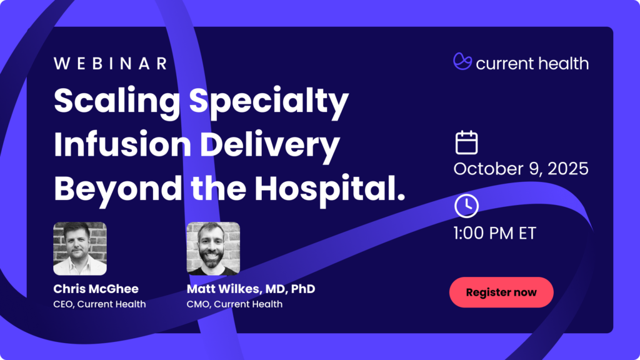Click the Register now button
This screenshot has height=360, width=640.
point(501,292)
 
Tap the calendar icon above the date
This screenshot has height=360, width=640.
point(466,142)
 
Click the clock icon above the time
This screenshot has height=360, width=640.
point(466,206)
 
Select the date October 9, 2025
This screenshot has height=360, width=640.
point(521,169)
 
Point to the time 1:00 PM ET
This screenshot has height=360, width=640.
point(495,233)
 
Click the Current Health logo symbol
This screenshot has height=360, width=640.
point(462,61)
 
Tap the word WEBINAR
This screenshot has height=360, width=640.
point(111,64)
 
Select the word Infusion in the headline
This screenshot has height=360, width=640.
point(122,144)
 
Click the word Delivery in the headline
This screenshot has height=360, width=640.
point(270,146)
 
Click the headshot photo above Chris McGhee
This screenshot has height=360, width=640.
point(80,249)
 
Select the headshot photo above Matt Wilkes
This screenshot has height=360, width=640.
point(213,249)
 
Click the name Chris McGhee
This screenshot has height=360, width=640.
point(96,289)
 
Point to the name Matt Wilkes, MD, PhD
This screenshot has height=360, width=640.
point(251,289)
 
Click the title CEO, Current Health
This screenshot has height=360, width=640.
point(99,304)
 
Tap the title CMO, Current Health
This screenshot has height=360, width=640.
point(235,304)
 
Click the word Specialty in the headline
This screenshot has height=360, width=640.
point(269,102)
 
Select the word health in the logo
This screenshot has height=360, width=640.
point(563,63)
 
